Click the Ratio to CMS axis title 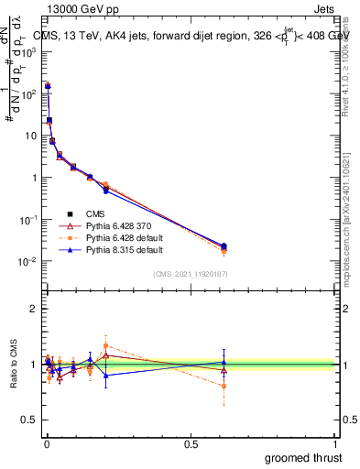pyautogui.click(x=13, y=363)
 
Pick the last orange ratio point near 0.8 pyautogui.click(x=224, y=386)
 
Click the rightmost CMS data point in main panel pyautogui.click(x=224, y=245)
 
